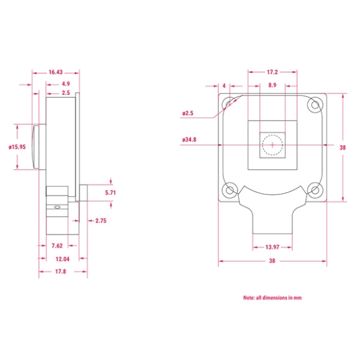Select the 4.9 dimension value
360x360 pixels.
click(x=66, y=83)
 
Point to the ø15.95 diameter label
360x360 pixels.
click(x=17, y=147)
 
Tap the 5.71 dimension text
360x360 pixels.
click(x=111, y=193)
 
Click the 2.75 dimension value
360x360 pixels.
click(x=102, y=220)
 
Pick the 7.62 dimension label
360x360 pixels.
click(x=58, y=246)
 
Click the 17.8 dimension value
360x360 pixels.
click(x=61, y=271)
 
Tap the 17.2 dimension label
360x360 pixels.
click(x=273, y=72)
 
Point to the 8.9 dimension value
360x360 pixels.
click(x=273, y=85)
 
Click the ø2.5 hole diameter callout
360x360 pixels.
click(x=188, y=113)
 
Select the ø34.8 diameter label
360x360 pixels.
click(x=190, y=140)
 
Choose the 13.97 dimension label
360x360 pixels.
click(x=272, y=247)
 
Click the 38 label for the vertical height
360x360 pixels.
click(x=343, y=147)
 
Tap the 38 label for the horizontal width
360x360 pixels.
click(x=272, y=261)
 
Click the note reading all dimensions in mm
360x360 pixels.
click(x=272, y=297)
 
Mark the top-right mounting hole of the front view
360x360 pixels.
click(x=314, y=104)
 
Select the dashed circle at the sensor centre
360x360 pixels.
click(x=271, y=145)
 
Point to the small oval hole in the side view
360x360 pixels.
click(x=57, y=208)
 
